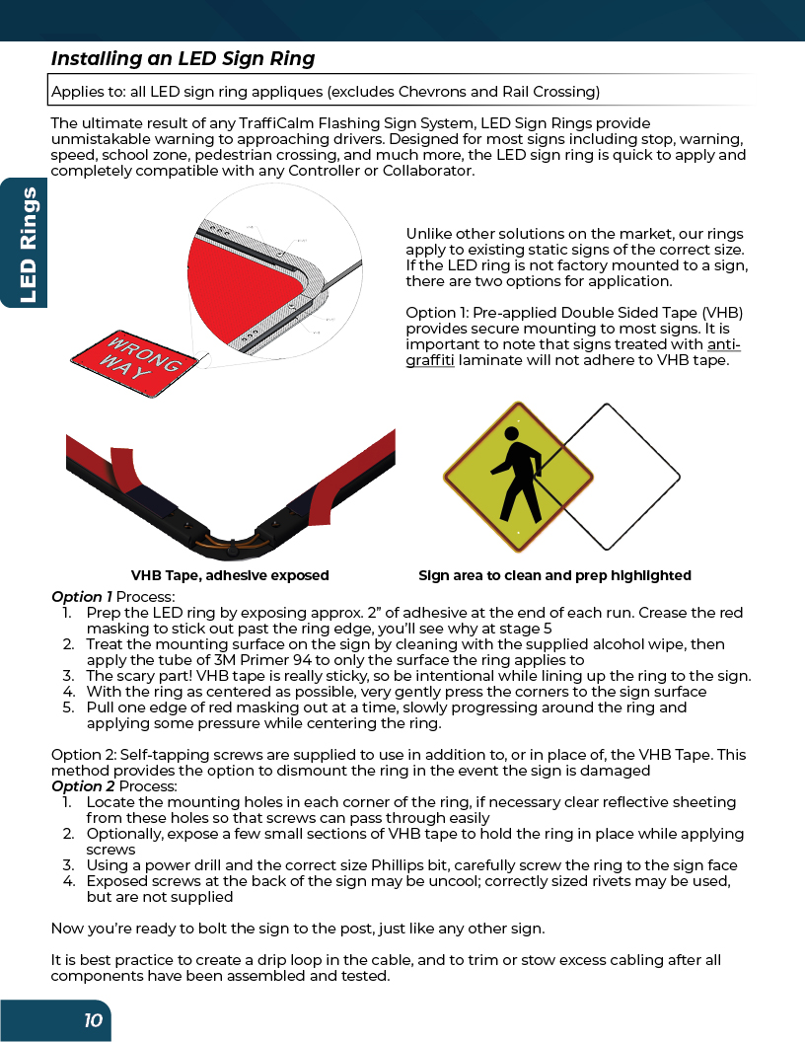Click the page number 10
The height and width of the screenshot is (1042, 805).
coord(93,1021)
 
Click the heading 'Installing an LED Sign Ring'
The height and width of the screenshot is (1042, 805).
coord(183,58)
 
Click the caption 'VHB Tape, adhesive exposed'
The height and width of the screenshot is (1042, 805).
coord(230,575)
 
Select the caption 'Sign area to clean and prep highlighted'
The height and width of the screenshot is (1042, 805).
coord(554,575)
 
